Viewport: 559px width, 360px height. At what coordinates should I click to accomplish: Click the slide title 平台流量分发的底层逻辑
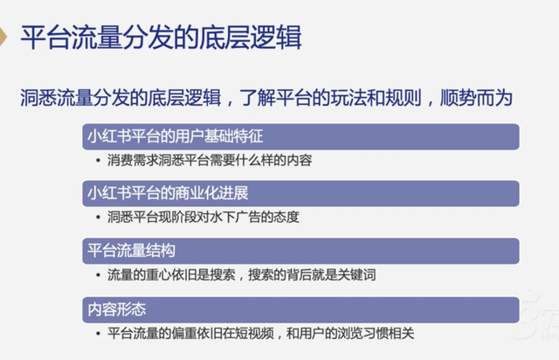(161, 37)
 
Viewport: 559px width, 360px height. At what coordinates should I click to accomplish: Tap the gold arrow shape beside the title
(3, 36)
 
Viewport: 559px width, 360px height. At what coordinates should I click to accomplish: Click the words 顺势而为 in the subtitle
(476, 97)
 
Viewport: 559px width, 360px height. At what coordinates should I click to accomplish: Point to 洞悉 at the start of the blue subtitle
(38, 97)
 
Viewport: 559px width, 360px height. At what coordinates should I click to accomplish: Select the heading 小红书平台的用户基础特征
(176, 136)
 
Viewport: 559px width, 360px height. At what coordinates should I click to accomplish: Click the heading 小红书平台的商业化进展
(168, 193)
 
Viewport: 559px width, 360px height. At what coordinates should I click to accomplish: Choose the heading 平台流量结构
(132, 251)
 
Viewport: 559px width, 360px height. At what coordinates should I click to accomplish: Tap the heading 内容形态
(117, 309)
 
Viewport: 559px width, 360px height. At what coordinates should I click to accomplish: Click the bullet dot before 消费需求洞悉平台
(98, 161)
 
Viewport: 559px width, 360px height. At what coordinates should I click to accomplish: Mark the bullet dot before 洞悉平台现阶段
(98, 218)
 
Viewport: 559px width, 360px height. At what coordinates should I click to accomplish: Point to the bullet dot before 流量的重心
(98, 275)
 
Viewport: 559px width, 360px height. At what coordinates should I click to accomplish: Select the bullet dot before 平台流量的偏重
(98, 334)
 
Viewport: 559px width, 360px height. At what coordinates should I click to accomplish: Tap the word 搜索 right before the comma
(223, 274)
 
